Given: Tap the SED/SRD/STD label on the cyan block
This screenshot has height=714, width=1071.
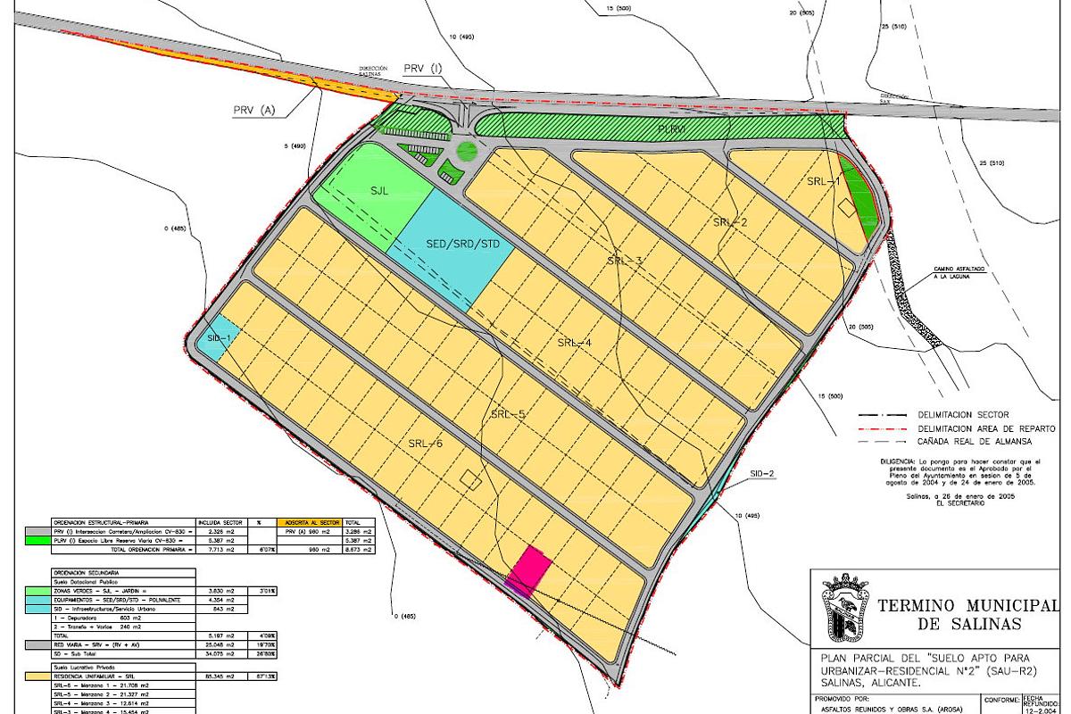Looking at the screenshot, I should click(450, 244).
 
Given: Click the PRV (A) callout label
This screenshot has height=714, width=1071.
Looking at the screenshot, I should click(254, 111).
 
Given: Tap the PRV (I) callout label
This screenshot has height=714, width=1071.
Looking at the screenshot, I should click(422, 69).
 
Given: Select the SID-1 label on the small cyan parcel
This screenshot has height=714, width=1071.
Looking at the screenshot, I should click(219, 338).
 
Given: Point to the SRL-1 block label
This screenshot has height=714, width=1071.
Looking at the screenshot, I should click(824, 181).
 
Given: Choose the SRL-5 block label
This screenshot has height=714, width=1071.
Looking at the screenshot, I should click(508, 414).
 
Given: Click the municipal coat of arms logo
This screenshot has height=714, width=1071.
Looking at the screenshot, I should click(845, 610).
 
